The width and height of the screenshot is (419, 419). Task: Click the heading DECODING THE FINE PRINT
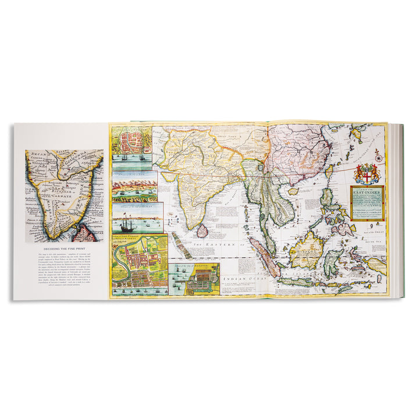(x=65, y=251)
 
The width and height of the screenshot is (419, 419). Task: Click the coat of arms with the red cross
(x=366, y=173)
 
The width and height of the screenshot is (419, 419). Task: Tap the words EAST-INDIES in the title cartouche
(x=367, y=193)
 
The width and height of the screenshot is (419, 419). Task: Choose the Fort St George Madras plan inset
(x=139, y=265)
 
